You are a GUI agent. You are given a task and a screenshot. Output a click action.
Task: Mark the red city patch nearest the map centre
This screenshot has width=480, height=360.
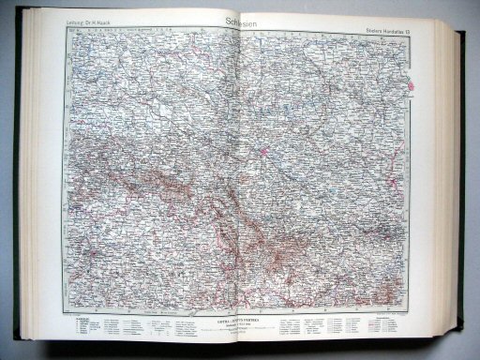pos(264,148)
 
